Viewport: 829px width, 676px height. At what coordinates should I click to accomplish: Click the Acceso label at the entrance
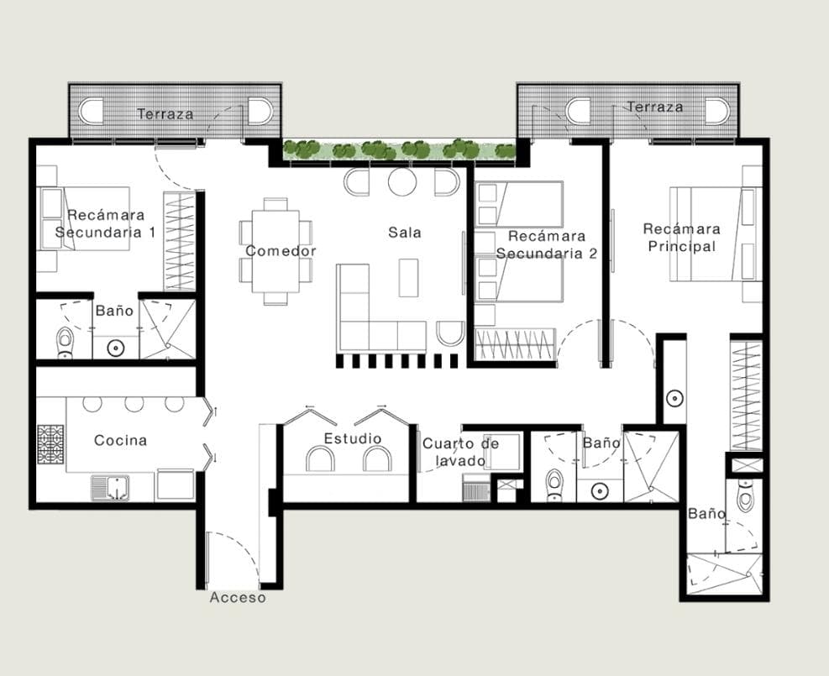pos(238,597)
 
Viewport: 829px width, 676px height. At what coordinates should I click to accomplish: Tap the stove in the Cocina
pos(50,444)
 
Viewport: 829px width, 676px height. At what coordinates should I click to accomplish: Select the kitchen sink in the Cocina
pos(111,488)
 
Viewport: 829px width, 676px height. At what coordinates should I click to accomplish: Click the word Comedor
pos(281,250)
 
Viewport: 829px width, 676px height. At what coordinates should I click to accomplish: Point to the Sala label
pos(405,232)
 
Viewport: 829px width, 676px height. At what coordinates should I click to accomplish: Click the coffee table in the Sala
pos(409,277)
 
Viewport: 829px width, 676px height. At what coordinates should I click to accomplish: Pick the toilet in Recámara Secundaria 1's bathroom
pos(65,342)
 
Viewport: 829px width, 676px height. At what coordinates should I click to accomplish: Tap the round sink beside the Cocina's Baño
pos(116,348)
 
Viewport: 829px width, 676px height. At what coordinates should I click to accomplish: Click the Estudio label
pos(353,438)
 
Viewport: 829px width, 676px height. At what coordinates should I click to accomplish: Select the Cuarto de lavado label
pos(460,452)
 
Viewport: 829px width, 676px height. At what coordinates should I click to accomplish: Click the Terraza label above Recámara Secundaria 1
pos(165,113)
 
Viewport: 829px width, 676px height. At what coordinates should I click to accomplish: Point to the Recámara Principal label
pos(681,238)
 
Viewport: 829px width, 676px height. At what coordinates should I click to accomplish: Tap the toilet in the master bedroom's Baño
pos(746,494)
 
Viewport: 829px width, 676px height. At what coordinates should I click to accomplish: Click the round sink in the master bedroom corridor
pos(674,399)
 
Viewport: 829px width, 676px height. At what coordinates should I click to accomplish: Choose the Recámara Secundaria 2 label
pos(547,244)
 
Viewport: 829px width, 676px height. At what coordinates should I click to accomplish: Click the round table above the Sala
pos(402,182)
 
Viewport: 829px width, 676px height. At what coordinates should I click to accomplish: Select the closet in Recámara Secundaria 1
pos(180,241)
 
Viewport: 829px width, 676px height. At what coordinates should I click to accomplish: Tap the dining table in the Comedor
pos(275,251)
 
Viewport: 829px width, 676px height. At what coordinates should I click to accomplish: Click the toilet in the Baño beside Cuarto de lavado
pos(554,483)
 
